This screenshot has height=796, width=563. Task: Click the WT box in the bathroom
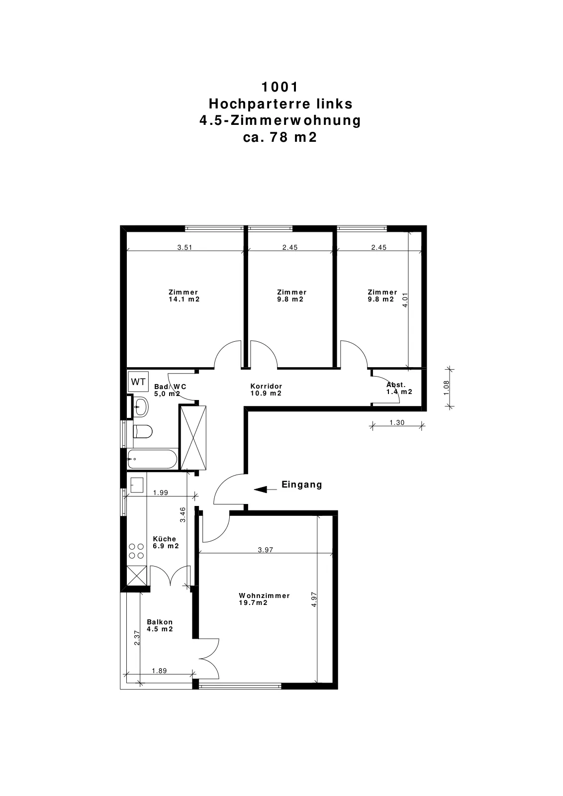(138, 382)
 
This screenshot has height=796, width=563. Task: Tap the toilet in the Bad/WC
(142, 432)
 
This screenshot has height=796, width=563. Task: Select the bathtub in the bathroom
(152, 459)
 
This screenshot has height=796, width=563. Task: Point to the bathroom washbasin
(141, 406)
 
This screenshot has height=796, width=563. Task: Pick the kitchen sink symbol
(137, 485)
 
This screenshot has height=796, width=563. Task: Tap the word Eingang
(301, 485)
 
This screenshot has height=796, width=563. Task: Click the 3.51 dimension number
(185, 247)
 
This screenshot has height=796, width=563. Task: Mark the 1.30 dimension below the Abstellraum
(397, 422)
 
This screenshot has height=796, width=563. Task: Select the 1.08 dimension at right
(447, 388)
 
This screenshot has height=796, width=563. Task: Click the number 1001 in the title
(280, 87)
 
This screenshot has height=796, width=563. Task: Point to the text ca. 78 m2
(280, 137)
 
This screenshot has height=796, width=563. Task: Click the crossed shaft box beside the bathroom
(193, 437)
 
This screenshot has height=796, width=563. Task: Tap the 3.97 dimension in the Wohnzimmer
(266, 550)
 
